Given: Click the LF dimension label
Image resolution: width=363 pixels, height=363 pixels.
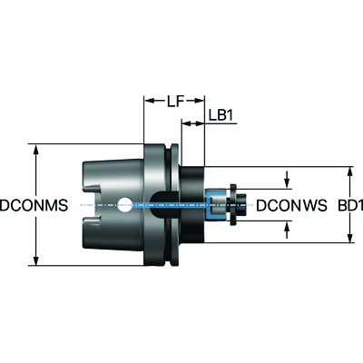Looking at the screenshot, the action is [175, 101].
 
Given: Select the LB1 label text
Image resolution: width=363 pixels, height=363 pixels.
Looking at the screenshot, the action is [221, 115].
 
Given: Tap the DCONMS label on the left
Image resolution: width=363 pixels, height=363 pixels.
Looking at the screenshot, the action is [34, 205].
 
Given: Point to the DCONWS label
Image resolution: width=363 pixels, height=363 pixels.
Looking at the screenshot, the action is [291, 205].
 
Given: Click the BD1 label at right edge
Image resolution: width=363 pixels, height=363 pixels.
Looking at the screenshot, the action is [350, 205].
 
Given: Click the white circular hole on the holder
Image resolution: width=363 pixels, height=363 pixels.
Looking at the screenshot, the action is [124, 205].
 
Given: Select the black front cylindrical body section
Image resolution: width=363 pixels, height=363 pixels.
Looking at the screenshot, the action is [192, 204].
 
